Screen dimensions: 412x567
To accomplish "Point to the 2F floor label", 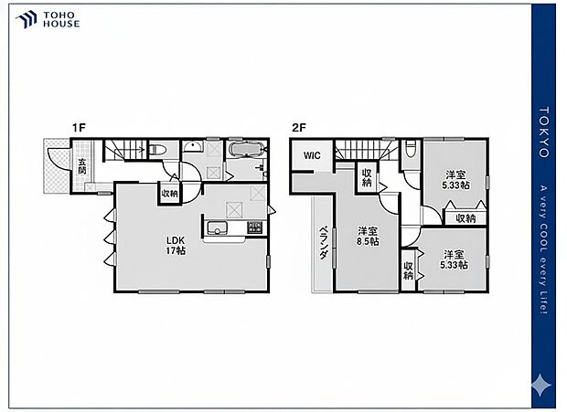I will [x=298, y=127].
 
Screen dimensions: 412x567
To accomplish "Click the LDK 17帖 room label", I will [x=175, y=245].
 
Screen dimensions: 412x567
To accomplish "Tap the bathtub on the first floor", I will [x=244, y=151].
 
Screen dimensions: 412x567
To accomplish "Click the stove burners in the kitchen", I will [x=255, y=227].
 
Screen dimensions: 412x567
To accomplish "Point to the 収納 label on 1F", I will [x=170, y=194].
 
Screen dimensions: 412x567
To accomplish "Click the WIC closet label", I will [x=311, y=155].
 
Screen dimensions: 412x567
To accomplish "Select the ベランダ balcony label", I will [x=323, y=245].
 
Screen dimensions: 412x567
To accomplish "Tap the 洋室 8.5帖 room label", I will [x=369, y=236].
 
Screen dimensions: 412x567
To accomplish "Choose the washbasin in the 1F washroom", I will [x=194, y=151].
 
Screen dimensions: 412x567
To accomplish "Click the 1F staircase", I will [x=123, y=150].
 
